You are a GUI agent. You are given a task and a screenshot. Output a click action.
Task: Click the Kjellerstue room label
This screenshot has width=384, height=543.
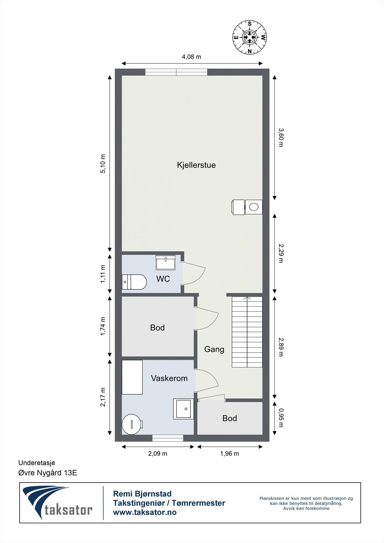click(x=196, y=165)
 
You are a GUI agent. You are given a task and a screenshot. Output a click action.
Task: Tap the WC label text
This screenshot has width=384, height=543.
click(x=163, y=279)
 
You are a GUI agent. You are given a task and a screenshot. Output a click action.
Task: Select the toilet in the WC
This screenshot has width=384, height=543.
click(x=134, y=282)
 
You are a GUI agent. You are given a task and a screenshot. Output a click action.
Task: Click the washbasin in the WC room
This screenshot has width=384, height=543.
click(x=166, y=262)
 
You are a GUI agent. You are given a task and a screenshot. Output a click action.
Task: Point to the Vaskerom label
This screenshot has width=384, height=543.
click(x=169, y=378)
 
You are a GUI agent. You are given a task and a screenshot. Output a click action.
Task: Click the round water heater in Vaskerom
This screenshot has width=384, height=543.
click(x=131, y=424)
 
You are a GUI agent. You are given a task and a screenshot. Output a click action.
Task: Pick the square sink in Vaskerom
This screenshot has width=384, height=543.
click(x=183, y=409)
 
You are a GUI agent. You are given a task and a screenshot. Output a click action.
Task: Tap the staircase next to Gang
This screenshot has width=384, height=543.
click(x=247, y=332)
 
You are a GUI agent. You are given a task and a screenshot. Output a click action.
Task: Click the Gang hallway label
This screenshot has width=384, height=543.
click(x=214, y=349)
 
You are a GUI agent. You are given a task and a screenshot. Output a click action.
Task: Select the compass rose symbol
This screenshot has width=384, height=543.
click(x=250, y=37)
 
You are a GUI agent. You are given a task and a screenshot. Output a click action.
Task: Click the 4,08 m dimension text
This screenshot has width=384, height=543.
click(x=191, y=57)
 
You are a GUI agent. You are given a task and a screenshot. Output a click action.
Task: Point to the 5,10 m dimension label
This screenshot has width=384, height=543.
click(x=103, y=164)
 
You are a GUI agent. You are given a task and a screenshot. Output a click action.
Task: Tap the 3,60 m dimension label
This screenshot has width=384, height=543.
click(x=281, y=137)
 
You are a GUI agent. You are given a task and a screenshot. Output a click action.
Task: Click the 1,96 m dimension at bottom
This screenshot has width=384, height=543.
click(x=230, y=453)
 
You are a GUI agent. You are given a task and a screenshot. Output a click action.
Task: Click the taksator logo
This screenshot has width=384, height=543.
click(x=58, y=503)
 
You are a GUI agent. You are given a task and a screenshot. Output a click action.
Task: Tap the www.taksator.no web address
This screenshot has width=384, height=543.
click(x=145, y=512)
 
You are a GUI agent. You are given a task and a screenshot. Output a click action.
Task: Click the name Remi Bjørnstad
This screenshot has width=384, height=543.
click(x=142, y=494)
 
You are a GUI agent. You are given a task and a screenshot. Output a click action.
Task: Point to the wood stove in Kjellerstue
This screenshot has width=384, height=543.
click(x=247, y=207)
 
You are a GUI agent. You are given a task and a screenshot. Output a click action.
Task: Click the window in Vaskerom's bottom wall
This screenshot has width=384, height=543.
click(x=168, y=438)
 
